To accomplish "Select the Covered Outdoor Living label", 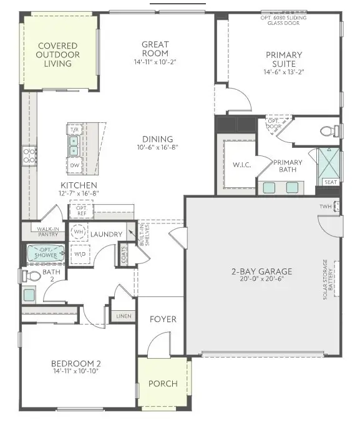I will pos(57,55).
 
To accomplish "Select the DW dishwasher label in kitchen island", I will pos(74,166).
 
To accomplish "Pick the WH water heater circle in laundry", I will pos(79,232).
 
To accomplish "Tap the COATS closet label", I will pos(125,255).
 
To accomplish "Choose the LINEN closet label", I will pos(124,316).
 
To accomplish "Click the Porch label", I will pos(162,384).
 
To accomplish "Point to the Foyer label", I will pos(163,320).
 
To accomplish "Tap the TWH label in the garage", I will pos(325,207).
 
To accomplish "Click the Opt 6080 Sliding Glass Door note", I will pos(285,20).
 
